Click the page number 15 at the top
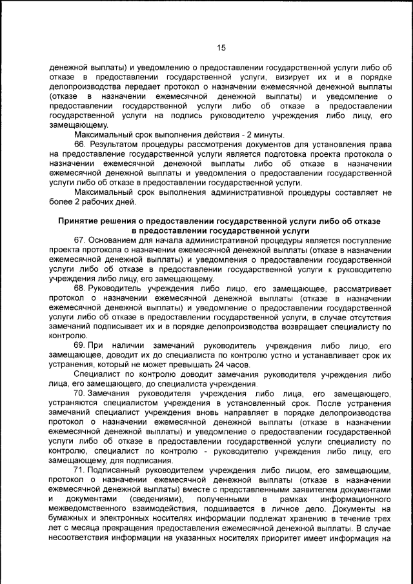221,48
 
